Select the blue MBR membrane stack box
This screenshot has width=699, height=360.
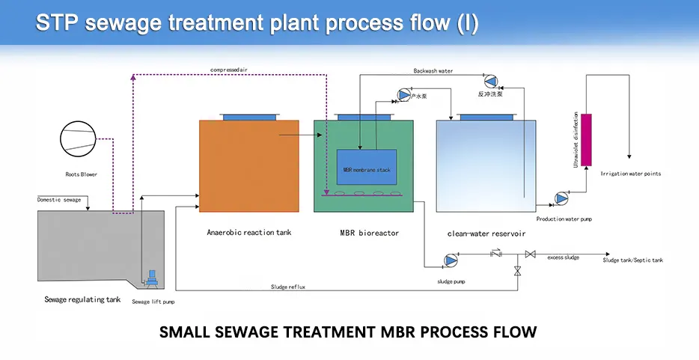367,168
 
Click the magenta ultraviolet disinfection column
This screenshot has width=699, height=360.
586,139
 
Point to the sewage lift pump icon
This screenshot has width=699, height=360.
153,280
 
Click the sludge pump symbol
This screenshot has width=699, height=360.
451,260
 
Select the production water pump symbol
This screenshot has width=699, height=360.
562,198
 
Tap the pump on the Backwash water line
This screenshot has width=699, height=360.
491,81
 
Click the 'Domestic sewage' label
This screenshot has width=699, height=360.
59,200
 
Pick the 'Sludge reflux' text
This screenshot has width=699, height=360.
288,287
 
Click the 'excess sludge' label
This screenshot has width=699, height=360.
564,257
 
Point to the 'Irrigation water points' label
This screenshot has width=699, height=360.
631,174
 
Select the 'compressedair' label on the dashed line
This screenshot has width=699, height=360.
229,70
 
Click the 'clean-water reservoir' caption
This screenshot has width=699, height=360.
486,234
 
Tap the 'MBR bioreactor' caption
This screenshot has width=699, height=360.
370,233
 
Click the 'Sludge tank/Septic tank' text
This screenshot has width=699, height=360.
632,260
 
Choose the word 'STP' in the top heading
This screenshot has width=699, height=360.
57,23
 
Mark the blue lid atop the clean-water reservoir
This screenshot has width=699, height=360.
486,117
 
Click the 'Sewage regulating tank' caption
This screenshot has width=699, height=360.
82,299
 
